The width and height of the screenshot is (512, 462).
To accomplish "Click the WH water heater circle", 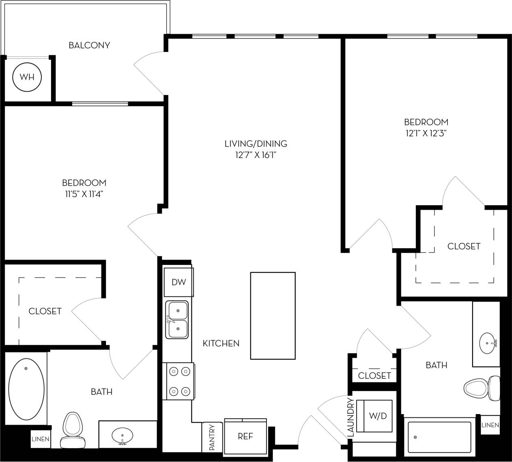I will [27, 77].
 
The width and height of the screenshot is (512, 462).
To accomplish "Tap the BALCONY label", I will [89, 45].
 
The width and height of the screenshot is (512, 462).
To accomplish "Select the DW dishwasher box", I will [178, 282].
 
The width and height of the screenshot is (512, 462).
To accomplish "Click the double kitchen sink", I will [177, 320].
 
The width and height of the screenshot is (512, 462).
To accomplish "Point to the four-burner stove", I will [179, 381].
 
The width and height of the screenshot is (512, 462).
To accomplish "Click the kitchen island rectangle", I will [273, 316].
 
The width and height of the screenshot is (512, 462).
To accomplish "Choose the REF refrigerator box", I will [245, 436].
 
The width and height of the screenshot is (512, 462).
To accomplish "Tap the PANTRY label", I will [212, 437].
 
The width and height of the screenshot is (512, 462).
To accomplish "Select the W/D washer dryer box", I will [378, 416].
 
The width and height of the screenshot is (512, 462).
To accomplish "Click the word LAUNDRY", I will [351, 417].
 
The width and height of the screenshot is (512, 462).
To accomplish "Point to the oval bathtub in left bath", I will [26, 389].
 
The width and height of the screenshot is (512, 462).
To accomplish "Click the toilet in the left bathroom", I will [72, 430].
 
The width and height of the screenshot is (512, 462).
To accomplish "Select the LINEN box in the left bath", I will [41, 439].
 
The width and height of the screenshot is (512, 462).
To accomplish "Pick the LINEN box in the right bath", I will [490, 425].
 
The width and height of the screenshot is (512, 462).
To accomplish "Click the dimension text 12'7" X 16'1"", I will [256, 155].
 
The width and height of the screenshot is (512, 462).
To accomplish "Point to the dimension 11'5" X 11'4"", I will [84, 194].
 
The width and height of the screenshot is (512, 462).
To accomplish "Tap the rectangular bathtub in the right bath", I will [439, 437].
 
